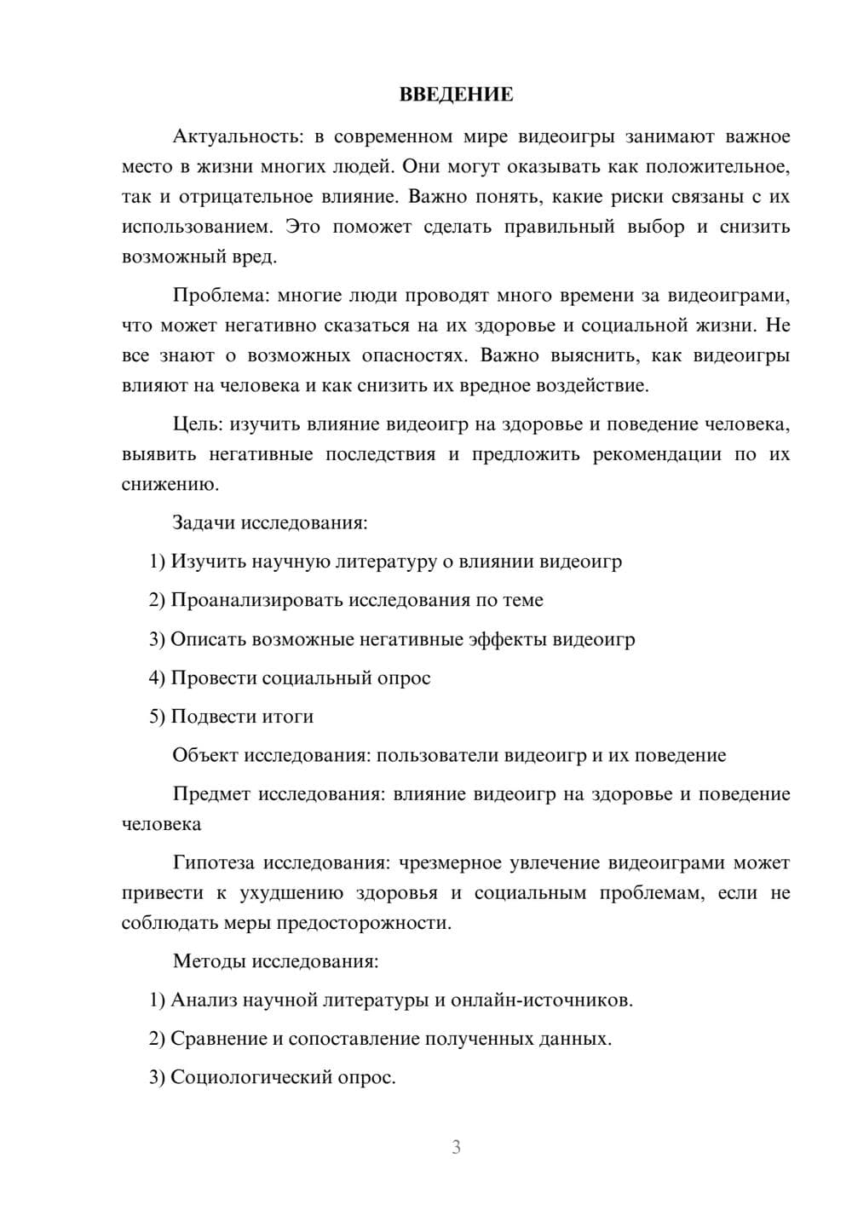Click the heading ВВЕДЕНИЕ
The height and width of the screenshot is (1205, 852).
click(x=456, y=95)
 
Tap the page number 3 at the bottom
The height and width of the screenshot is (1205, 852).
click(x=456, y=1147)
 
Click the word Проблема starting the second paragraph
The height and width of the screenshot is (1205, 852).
click(x=220, y=296)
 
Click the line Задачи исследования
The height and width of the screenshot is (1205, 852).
click(x=270, y=522)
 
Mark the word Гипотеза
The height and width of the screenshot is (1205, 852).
click(x=214, y=863)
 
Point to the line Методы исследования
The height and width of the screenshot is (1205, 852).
click(x=275, y=961)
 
